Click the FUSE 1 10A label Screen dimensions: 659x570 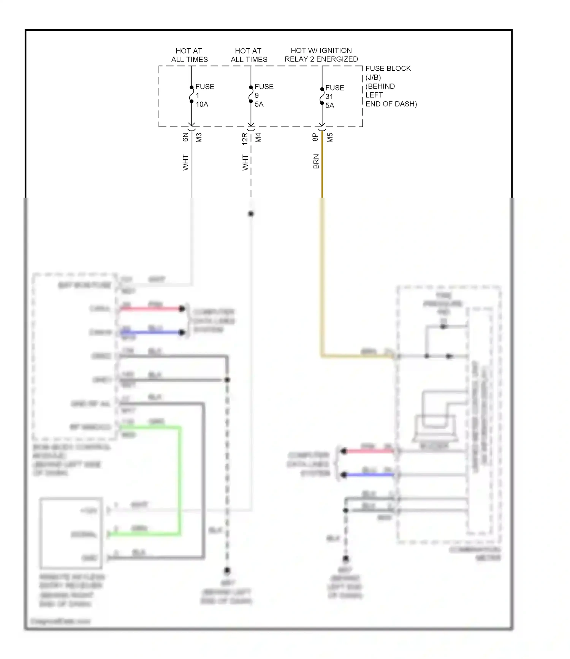[204, 95]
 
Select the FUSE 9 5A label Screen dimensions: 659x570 [263, 95]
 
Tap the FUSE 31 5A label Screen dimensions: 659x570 [334, 97]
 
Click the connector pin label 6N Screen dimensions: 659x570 [185, 137]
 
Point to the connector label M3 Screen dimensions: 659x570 [199, 138]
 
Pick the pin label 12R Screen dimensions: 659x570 [245, 139]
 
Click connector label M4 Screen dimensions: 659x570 [258, 138]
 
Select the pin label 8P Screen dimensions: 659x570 [315, 137]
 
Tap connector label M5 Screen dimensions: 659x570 [330, 138]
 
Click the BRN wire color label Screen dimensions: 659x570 [316, 162]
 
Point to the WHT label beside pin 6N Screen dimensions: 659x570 [185, 162]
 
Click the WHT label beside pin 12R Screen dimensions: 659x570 [245, 162]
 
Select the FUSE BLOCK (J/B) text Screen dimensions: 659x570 [388, 73]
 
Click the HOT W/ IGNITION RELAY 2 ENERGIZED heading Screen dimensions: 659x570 [321, 55]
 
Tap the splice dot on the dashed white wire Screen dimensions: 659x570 [251, 214]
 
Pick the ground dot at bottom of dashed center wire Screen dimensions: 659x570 [227, 570]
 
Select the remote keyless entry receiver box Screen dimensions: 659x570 [71, 533]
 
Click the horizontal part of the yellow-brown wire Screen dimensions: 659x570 [357, 356]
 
